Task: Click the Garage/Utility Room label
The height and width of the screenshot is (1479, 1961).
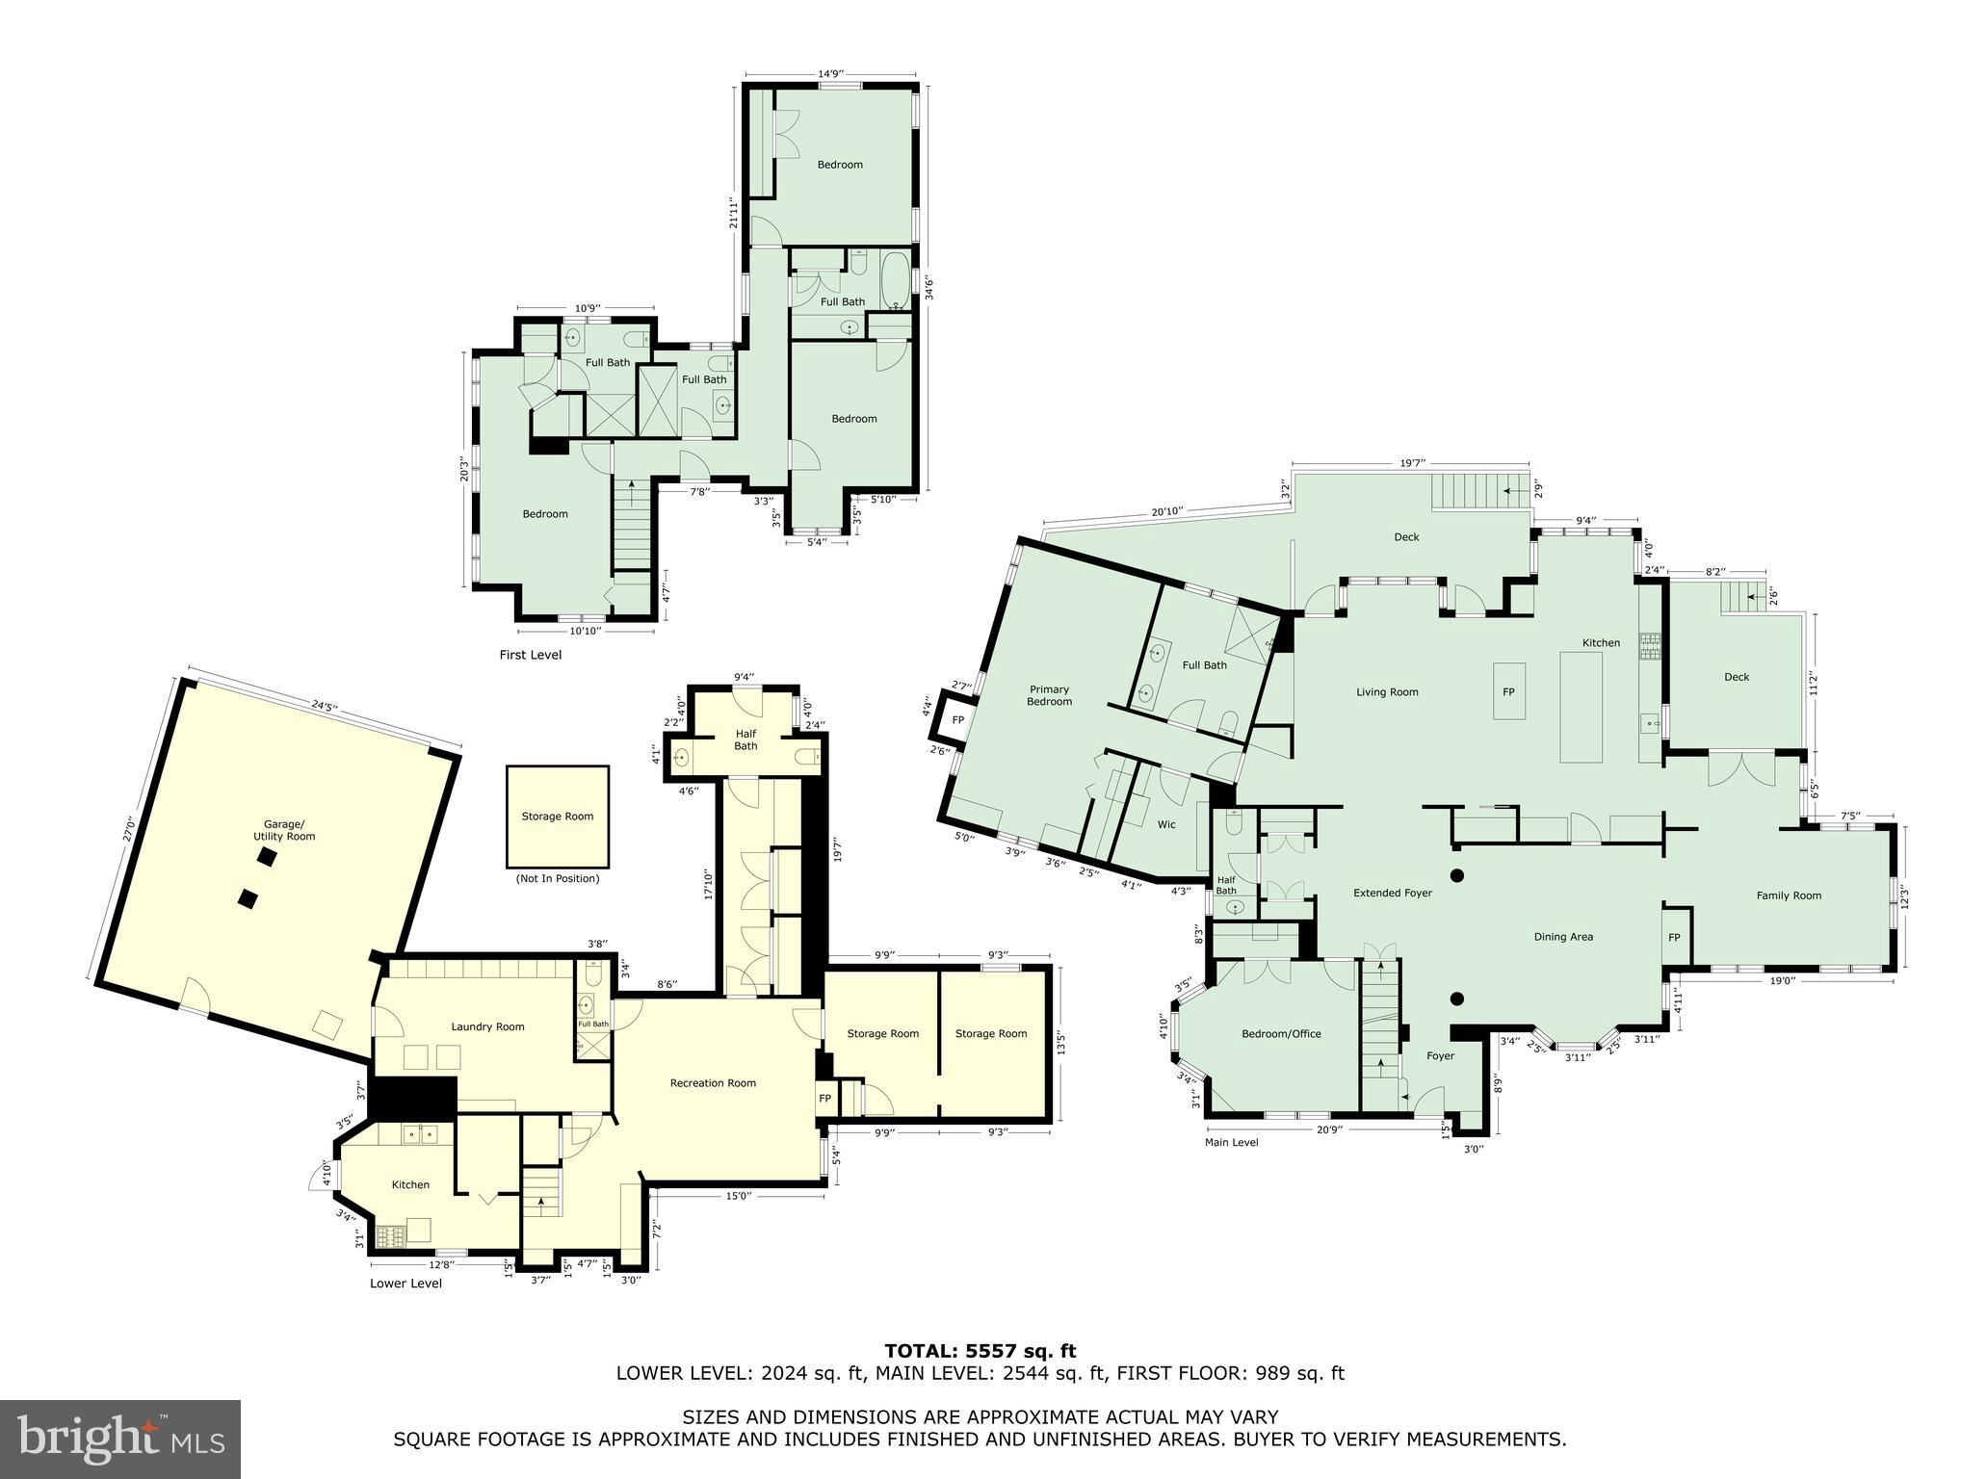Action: pos(284,830)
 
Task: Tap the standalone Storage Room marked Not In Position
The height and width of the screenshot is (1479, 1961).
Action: pos(557,817)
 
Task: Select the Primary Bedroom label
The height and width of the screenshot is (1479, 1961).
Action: pos(1049,695)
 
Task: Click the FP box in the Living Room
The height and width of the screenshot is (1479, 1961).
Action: pos(1508,691)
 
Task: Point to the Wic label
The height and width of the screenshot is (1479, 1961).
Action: pos(1166,824)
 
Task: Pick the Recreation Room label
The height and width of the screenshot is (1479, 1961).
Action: pos(713,1083)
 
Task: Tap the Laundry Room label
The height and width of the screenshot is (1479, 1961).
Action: pos(487,1026)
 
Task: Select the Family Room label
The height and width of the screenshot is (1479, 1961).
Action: pos(1789,895)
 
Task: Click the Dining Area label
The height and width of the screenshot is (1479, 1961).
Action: pos(1563,937)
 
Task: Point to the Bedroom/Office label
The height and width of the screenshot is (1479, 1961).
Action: pos(1281,1034)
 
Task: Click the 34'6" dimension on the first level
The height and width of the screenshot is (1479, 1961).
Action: pos(928,289)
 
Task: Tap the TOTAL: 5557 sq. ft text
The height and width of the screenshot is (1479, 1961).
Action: pos(980,1352)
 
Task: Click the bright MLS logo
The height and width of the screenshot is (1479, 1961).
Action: pos(120,1440)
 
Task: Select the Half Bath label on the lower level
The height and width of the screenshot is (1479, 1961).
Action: pos(745,739)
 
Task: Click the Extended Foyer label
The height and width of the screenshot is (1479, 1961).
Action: pos(1392,894)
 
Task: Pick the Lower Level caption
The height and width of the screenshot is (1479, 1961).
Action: pos(405,1284)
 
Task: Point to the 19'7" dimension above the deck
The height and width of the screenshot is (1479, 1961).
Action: pos(1411,463)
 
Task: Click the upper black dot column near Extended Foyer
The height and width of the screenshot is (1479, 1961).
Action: pos(1457,875)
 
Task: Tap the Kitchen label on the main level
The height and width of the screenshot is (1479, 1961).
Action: pos(1601,643)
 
